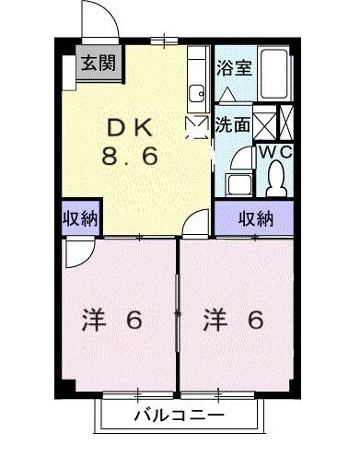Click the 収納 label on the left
80,218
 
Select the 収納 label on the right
256,218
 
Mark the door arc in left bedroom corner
78,251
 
